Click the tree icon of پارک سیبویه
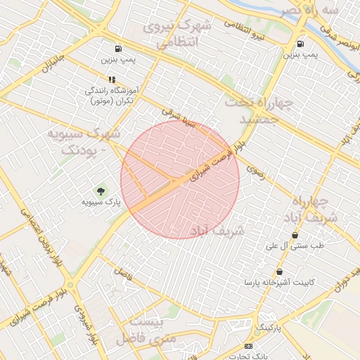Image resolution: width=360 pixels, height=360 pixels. point(100,191)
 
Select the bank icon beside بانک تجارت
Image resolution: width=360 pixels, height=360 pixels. point(248,347)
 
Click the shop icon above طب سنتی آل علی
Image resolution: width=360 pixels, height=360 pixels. point(295,235)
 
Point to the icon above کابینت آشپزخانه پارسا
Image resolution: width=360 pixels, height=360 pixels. point(281,271)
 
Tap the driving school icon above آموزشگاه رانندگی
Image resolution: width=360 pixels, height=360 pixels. point(112,80)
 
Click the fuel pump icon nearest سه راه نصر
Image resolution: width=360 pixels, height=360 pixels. point(301,44)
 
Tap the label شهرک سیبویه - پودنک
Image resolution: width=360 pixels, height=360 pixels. point(84,142)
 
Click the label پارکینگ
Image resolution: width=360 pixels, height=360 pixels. point(268,328)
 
